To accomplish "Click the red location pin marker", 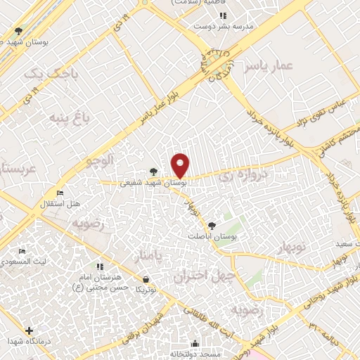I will pyautogui.click(x=181, y=166).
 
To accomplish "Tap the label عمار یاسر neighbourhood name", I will pyautogui.click(x=268, y=66).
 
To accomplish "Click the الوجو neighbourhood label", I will pyautogui.click(x=100, y=160).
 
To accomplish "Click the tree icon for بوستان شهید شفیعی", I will pyautogui.click(x=153, y=171).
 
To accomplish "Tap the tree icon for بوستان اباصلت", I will pyautogui.click(x=212, y=226).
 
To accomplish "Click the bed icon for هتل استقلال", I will pyautogui.click(x=60, y=193).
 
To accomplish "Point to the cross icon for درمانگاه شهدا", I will pyautogui.click(x=29, y=330).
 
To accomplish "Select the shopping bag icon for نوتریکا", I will pyautogui.click(x=145, y=278).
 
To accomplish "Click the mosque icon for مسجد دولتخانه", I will pyautogui.click(x=195, y=344).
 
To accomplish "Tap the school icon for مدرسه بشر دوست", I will pyautogui.click(x=222, y=15).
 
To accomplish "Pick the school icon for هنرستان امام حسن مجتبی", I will pyautogui.click(x=100, y=266).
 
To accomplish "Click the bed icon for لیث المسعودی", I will pyautogui.click(x=22, y=251).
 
